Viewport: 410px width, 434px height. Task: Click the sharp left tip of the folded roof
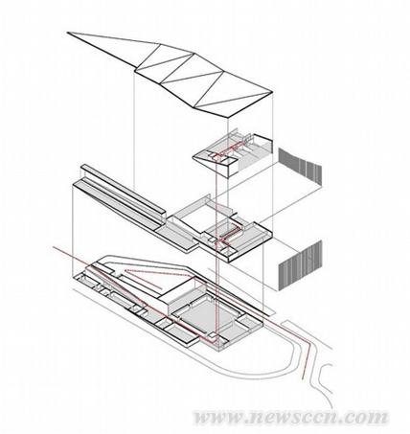tap(67, 33)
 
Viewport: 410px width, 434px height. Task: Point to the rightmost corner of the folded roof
tap(272, 92)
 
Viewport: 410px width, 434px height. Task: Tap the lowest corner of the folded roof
tap(228, 118)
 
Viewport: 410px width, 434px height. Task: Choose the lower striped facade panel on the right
tap(300, 265)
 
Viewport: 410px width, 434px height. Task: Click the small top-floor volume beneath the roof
tap(233, 152)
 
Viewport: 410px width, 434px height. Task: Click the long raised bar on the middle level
tap(124, 190)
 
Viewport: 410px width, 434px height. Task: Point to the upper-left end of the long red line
tap(53, 246)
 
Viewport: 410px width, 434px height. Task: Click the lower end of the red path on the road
tap(303, 378)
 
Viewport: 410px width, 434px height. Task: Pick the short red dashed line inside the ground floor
tap(144, 280)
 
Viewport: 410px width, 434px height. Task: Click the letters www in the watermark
tap(220, 417)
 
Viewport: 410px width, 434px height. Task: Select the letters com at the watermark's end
tap(370, 417)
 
